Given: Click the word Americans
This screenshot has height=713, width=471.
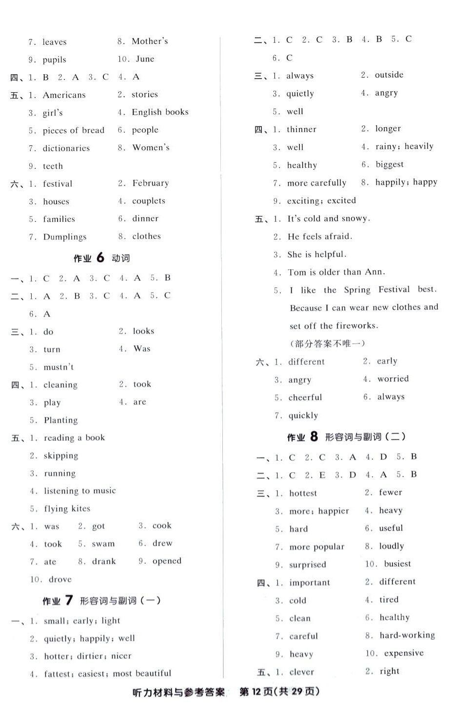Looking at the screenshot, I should tap(64, 95).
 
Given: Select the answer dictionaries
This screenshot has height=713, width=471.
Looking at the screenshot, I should tap(66, 148).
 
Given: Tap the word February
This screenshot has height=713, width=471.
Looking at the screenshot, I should tap(151, 183).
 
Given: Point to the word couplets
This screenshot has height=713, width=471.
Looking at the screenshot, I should tap(149, 201).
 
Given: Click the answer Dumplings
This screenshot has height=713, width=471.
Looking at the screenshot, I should tap(65, 237).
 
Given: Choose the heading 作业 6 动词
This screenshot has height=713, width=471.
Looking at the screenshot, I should tap(101, 258).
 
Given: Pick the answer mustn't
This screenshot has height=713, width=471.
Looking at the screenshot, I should tap(59, 367).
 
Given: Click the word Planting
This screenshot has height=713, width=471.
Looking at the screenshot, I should tap(60, 420).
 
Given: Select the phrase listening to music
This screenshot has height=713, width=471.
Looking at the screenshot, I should tap(80, 491).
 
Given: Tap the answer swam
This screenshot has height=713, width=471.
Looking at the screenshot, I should tap(103, 544).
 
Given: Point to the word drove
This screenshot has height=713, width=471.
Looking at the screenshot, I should tap(60, 579).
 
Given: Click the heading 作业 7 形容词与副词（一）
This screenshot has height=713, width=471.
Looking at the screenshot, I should tap(101, 601).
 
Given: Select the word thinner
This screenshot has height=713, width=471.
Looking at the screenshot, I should tap(301, 130).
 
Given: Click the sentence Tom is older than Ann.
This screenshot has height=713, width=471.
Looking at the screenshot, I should tap(336, 272).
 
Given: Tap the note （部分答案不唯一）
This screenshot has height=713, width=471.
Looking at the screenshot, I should tap(327, 344).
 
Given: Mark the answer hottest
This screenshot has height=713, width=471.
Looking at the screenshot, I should tap(303, 494).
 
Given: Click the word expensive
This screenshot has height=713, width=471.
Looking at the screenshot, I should tap(404, 654).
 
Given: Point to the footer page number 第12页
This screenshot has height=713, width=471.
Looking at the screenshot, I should tap(256, 692).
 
